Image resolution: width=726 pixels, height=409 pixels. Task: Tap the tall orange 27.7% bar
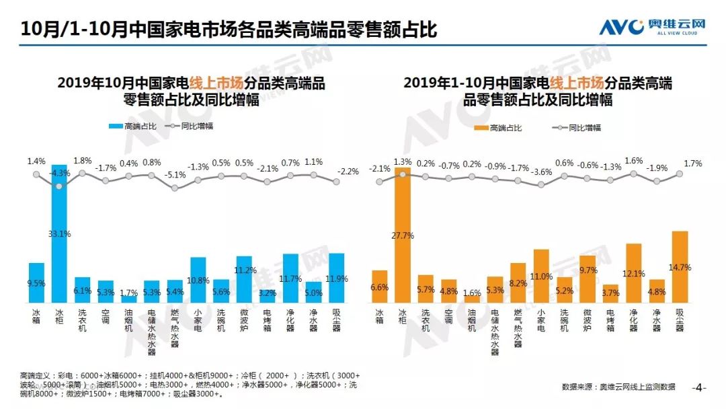click(403, 235)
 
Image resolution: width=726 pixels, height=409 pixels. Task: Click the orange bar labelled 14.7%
click(680, 266)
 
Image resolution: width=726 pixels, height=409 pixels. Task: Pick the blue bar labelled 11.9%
click(336, 278)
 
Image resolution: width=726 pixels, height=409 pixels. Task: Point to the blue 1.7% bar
click(128, 299)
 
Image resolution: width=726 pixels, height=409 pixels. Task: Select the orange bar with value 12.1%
click(633, 272)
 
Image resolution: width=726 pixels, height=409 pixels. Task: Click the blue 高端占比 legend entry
click(135, 126)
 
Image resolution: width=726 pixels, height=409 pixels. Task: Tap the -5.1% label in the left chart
click(175, 175)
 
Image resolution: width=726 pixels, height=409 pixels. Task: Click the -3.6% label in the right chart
click(541, 172)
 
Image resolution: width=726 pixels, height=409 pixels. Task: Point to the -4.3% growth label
click(59, 173)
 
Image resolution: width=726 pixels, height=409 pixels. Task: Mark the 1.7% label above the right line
click(692, 163)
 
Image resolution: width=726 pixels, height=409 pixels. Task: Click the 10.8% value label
click(198, 279)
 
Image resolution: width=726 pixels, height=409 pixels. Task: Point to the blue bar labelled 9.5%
click(36, 283)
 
